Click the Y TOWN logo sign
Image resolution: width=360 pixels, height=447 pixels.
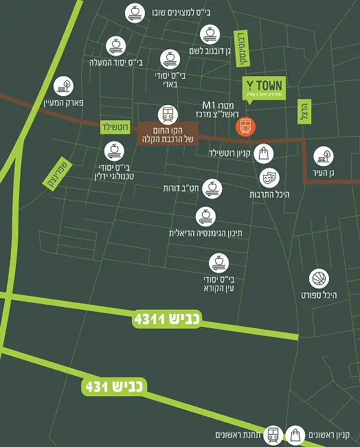click(264, 88)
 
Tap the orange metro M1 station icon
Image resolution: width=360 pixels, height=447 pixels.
click(245, 126)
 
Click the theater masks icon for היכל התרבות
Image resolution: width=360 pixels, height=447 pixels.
click(269, 178)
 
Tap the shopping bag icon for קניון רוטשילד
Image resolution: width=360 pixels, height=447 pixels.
click(263, 153)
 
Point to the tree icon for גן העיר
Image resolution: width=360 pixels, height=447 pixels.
click(324, 156)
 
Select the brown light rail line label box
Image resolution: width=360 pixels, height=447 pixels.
click(167, 134)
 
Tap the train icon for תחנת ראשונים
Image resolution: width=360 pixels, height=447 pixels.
click(273, 434)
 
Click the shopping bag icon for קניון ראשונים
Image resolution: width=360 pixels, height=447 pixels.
click(295, 434)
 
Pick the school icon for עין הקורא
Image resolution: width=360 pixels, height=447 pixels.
click(218, 262)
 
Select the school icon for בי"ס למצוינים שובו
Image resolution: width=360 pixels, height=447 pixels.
click(134, 12)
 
